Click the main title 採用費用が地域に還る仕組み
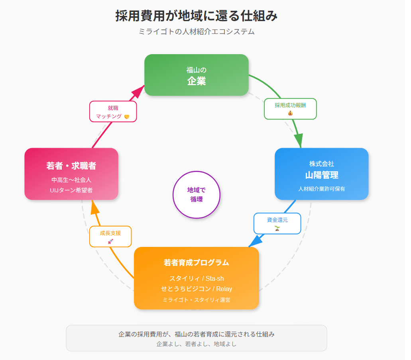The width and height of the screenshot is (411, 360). [x=197, y=16]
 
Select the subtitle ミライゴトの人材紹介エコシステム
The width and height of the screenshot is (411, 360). [x=197, y=32]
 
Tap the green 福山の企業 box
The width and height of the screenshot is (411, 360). [x=197, y=75]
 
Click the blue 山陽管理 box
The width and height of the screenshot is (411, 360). [x=321, y=174]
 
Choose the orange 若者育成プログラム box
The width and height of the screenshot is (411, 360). [x=197, y=278]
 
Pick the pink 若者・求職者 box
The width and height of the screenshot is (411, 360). [x=71, y=174]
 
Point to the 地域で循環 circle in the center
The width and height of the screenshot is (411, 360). [x=197, y=194]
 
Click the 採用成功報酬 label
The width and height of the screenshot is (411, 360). [x=290, y=109]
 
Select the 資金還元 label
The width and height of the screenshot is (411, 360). [x=277, y=223]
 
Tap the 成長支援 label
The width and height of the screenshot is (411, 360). [x=110, y=237]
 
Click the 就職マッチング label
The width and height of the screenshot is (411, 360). [x=113, y=112]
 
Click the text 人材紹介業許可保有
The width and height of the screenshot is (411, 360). [x=321, y=189]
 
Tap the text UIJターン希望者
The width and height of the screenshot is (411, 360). [x=71, y=190]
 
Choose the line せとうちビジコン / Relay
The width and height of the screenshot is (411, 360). [x=197, y=289]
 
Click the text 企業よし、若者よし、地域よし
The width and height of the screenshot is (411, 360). [x=197, y=344]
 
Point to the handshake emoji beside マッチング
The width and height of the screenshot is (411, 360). [x=127, y=117]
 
